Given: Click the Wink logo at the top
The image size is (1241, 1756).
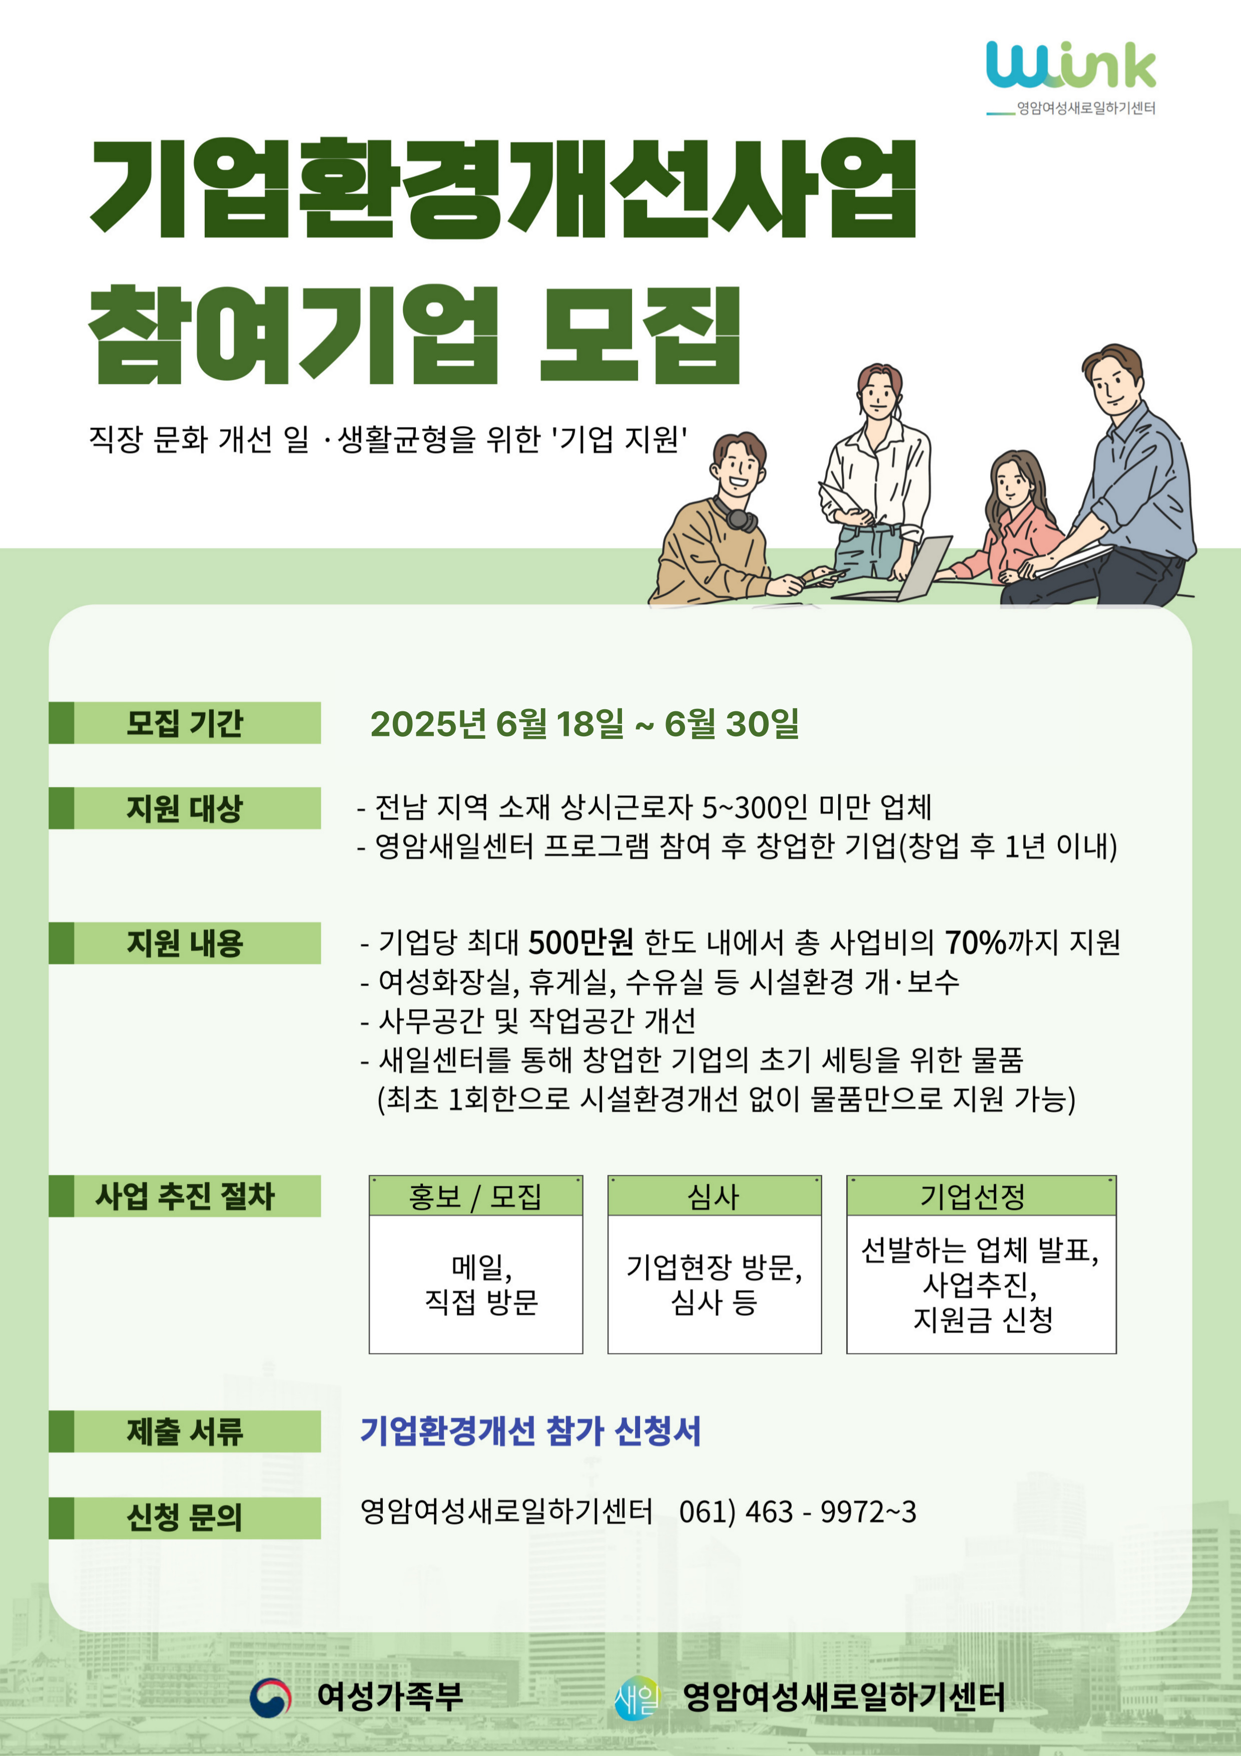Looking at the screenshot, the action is pos(1070,77).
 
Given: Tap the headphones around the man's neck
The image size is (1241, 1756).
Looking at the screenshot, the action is pos(736,515).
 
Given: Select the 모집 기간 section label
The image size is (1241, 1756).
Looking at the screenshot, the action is pos(184,723).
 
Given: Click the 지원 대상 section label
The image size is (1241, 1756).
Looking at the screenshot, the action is pos(184,807).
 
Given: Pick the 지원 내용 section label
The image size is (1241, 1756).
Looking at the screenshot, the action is pos(184,943).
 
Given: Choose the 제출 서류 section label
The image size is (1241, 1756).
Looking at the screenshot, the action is pos(184,1432).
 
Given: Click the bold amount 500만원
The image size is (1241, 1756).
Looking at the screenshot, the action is pos(580,942).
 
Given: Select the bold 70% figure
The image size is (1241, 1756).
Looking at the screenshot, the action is pos(975,942).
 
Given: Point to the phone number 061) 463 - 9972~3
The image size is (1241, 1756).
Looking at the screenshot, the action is pos(798,1512).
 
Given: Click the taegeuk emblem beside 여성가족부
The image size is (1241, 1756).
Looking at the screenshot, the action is pos(271,1697).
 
